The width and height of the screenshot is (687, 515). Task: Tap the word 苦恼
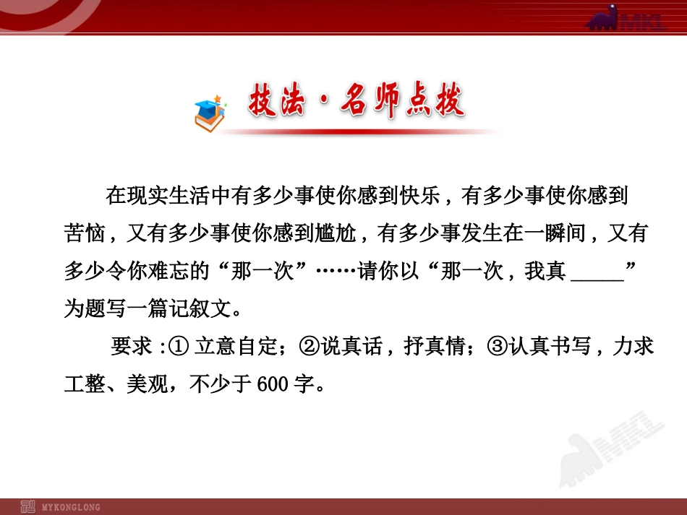coord(85,235)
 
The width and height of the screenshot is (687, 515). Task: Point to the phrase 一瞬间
coord(550,235)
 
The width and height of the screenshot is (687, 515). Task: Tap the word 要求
coord(131,347)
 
